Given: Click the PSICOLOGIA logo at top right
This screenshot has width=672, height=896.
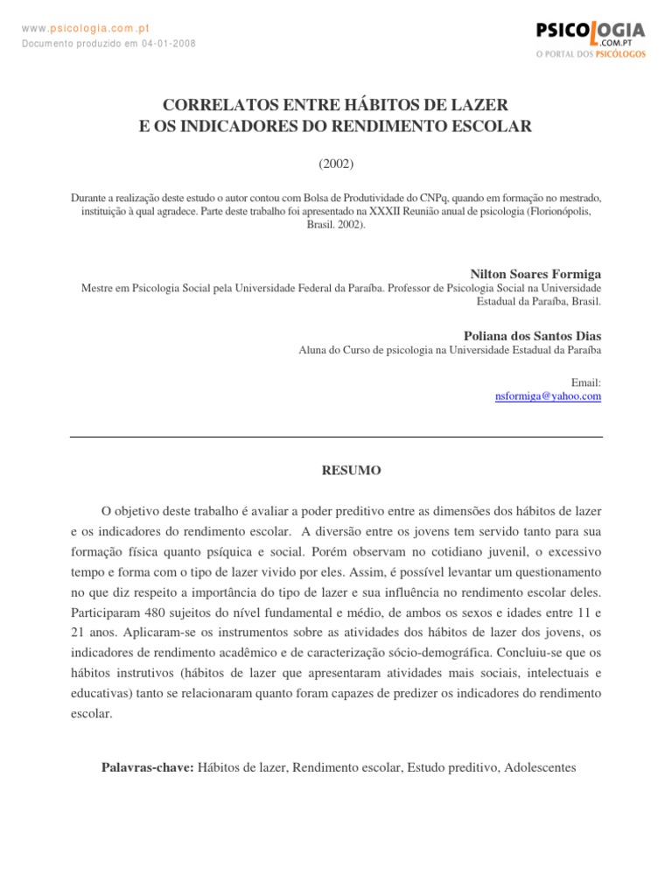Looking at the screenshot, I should [591, 33].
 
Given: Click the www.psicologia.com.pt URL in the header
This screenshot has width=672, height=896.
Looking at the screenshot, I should [86, 28].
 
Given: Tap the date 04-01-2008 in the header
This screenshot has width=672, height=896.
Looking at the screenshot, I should [170, 44].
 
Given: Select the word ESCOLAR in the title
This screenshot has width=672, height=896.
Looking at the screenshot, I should [490, 127].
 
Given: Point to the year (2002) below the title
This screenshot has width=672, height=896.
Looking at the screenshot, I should [336, 163].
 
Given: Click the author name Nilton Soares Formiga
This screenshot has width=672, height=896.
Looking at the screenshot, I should [536, 274].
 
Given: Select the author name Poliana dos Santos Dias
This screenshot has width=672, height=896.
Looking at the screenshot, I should [533, 336].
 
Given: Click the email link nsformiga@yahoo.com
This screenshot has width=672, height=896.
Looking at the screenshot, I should [548, 395].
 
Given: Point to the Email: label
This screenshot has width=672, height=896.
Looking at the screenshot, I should [586, 382].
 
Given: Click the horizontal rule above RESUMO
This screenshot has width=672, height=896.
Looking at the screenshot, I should [336, 437].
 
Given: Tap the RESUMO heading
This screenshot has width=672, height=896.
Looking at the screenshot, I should [352, 471].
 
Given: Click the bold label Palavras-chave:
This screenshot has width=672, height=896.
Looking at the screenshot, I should [148, 767].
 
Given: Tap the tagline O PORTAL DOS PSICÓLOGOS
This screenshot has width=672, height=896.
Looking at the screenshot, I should [591, 54].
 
